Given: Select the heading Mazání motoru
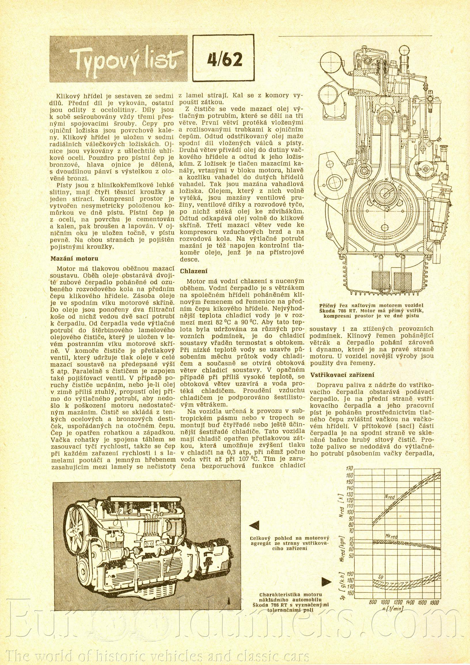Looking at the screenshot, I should tap(75, 258).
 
